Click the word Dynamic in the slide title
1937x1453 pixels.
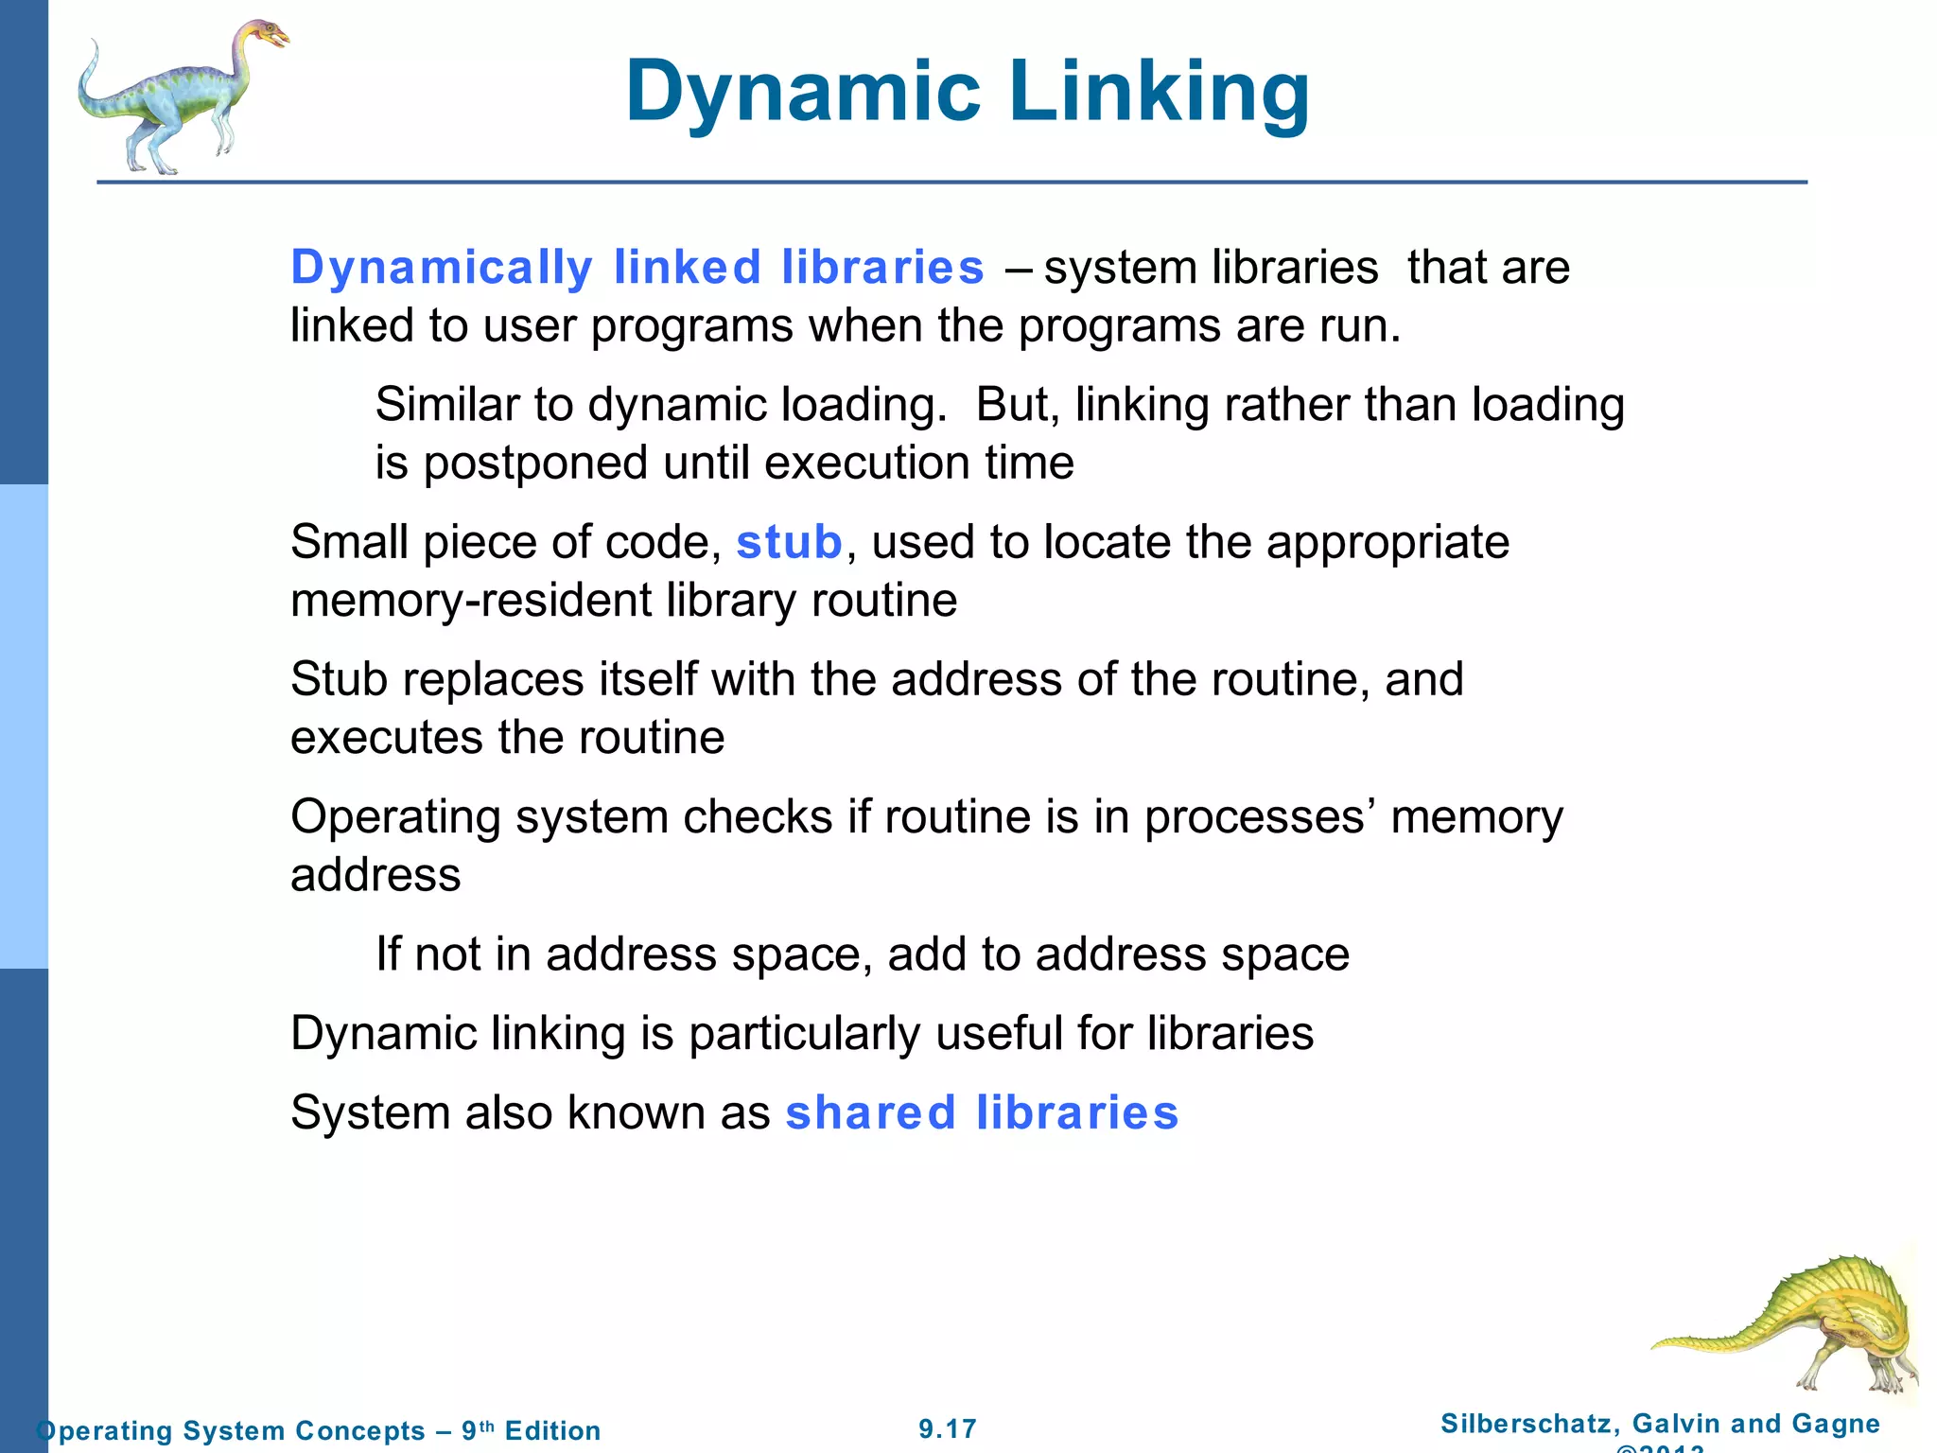click(803, 92)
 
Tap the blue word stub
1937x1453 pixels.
click(789, 542)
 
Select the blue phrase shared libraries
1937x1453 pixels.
click(982, 1112)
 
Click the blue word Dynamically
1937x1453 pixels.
click(442, 267)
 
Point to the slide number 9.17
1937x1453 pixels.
click(948, 1428)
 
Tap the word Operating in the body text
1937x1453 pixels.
click(395, 817)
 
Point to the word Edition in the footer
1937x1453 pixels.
click(552, 1430)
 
